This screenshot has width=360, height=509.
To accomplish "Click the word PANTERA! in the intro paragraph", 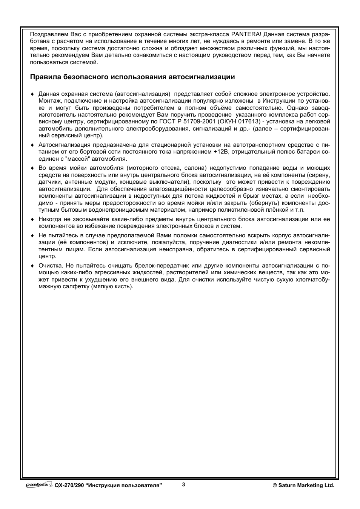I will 245,34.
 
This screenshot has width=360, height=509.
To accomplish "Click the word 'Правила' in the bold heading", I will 42,77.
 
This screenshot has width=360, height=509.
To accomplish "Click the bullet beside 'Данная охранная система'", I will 32,94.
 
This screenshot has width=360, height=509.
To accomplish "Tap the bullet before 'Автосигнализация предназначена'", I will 32,145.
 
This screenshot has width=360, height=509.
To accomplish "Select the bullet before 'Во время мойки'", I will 32,168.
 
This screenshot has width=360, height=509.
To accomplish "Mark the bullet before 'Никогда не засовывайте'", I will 32,219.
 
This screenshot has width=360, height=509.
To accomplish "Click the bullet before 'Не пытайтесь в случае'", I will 32,235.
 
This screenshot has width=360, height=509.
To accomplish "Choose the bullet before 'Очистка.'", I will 32,266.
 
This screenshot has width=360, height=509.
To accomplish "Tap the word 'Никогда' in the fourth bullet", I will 49,219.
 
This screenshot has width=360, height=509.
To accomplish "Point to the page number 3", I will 183,485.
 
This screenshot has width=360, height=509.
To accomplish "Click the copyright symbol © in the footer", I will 275,486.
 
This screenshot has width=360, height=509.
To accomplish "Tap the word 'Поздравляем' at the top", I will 46,34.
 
